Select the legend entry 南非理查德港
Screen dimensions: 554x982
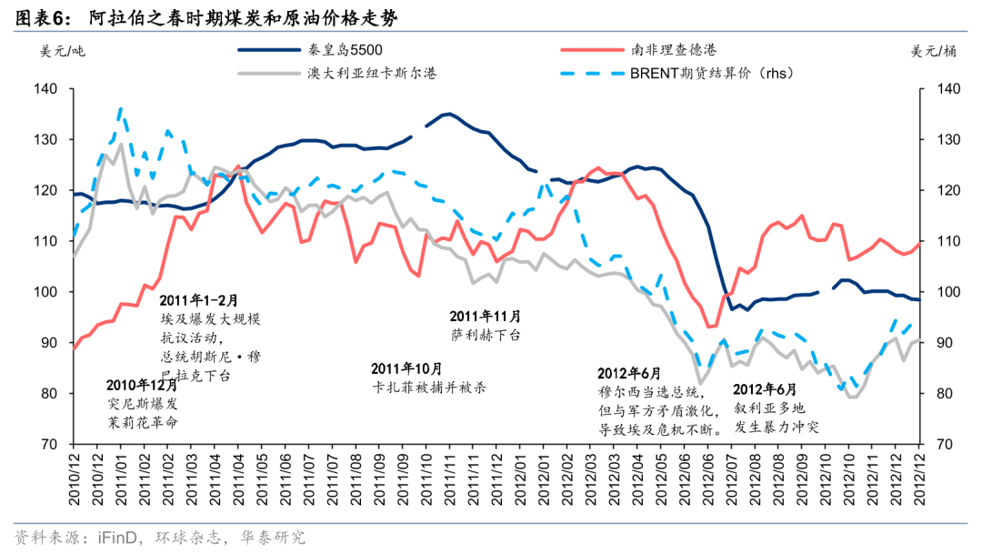[x=674, y=50]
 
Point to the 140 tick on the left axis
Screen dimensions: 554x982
[x=47, y=89]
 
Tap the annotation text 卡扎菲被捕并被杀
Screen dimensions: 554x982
[x=429, y=387]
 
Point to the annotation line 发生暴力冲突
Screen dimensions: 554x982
[x=777, y=426]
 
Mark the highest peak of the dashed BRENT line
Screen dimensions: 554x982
[x=121, y=108]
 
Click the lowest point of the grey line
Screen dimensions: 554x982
[x=700, y=383]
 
